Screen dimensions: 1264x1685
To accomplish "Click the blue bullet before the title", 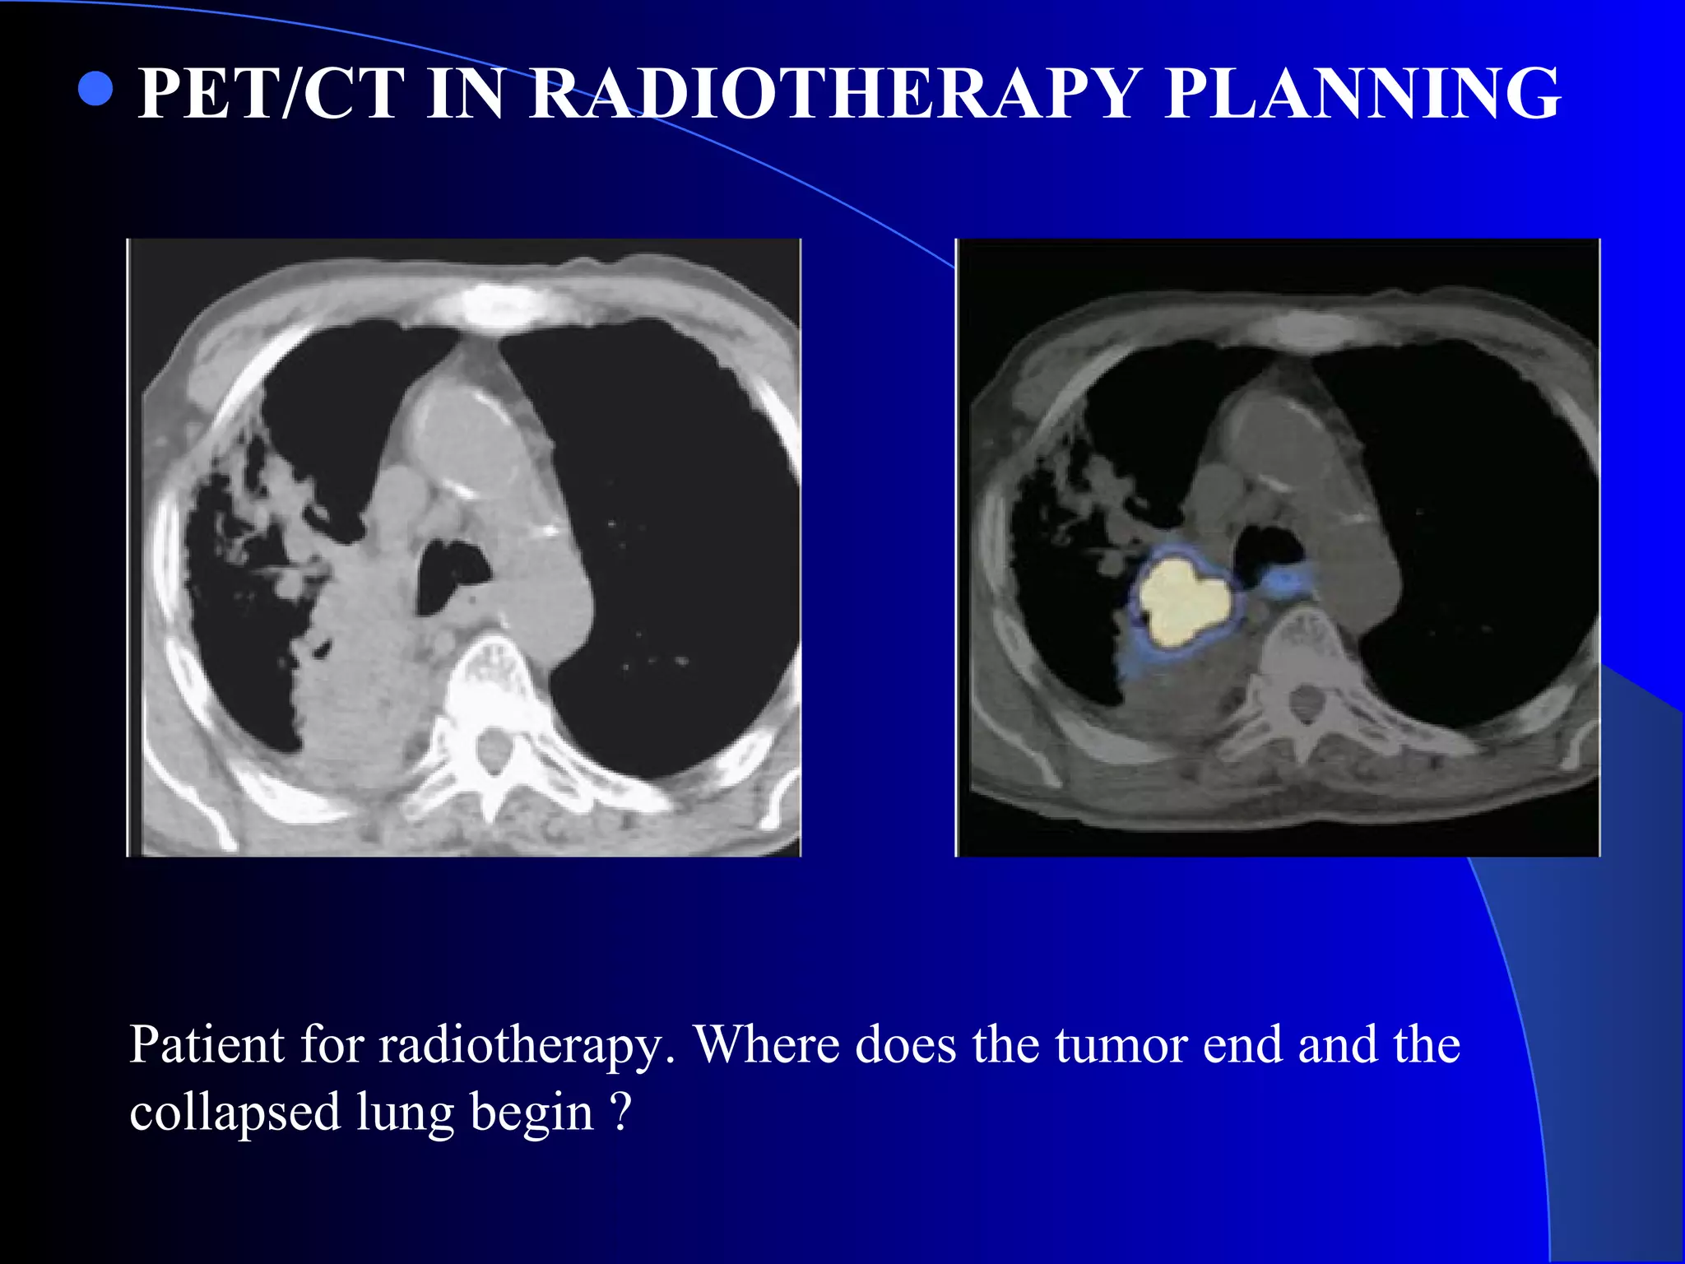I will [x=95, y=90].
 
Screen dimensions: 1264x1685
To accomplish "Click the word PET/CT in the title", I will [x=271, y=94].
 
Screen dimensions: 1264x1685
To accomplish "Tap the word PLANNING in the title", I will [x=1362, y=94].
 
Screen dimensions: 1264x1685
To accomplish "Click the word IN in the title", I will [x=465, y=94].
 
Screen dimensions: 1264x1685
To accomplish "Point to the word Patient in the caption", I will [x=207, y=1045].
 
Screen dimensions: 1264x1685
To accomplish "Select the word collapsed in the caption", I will [x=234, y=1113].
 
